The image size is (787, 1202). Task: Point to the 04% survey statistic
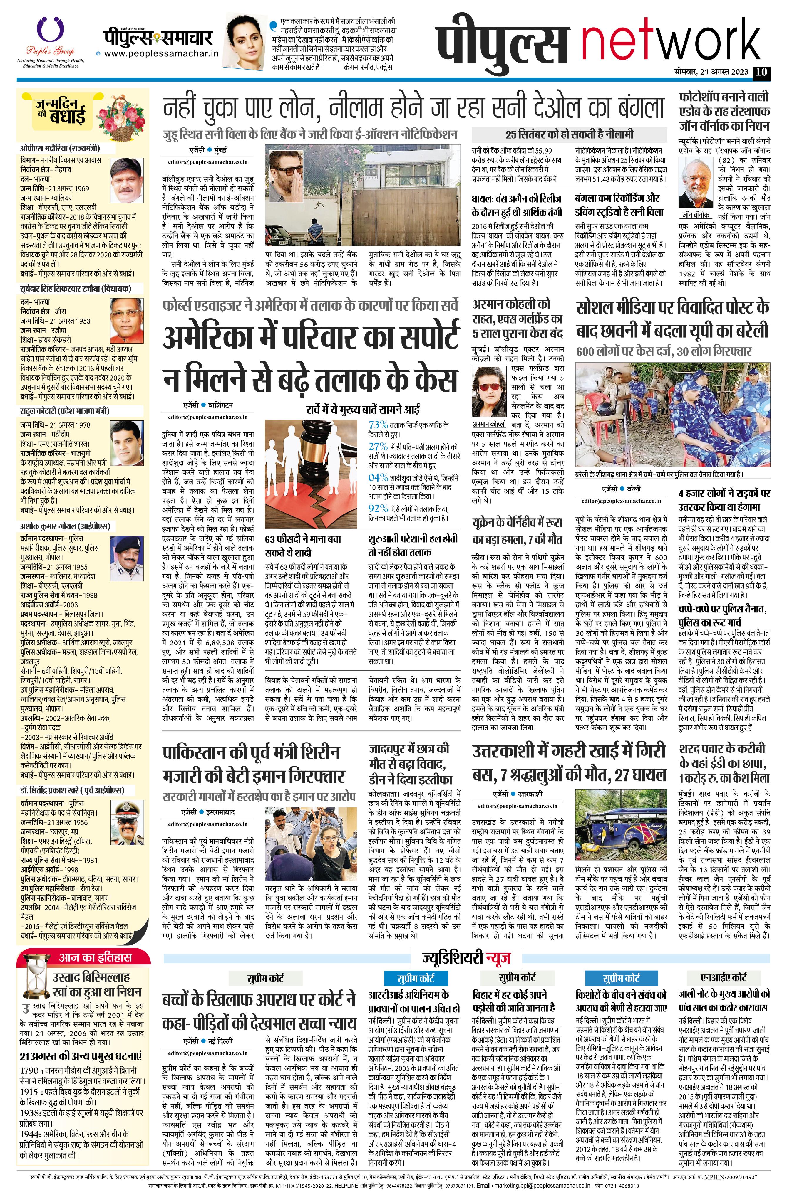coord(378,477)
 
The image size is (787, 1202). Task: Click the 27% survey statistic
coord(378,447)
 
